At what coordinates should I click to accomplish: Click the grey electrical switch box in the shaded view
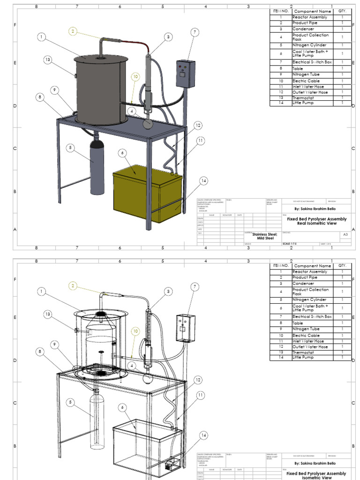point(185,73)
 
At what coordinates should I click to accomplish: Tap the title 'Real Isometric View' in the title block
point(317,224)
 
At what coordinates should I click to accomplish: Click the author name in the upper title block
point(315,209)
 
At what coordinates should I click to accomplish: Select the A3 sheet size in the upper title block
point(345,234)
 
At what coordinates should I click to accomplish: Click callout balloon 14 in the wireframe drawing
point(203,435)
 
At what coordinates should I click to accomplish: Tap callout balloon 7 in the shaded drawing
point(195,32)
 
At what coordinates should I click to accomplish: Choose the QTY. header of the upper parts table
point(342,11)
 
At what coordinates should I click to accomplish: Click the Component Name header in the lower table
point(312,266)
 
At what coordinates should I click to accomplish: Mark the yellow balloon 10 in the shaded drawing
point(135,76)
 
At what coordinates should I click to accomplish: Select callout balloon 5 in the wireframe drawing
point(71,402)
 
